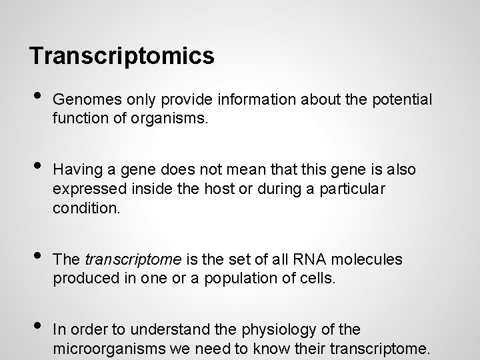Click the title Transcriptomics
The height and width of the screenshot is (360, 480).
(x=121, y=56)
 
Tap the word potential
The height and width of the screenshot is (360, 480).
(x=405, y=99)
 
